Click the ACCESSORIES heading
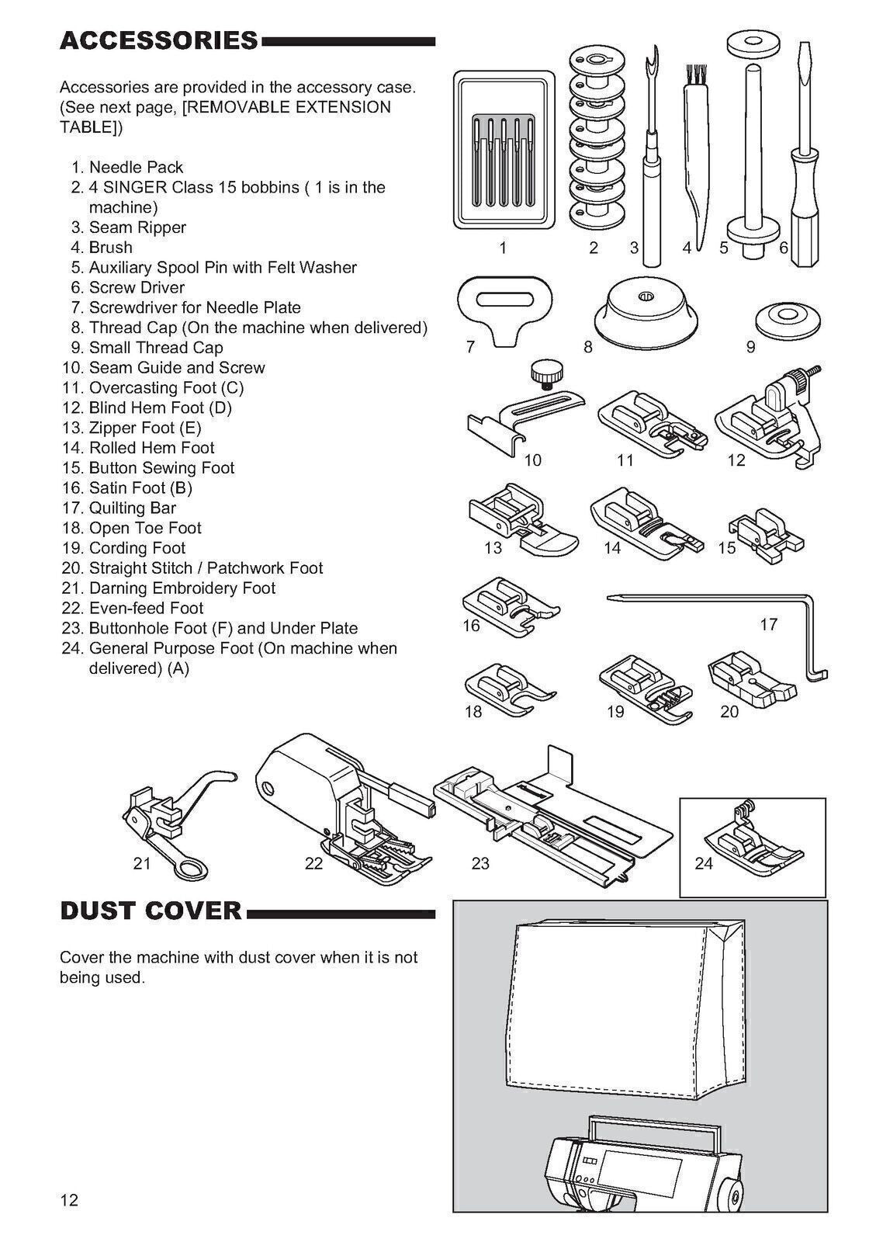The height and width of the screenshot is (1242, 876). click(x=158, y=40)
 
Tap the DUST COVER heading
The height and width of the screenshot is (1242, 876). click(x=151, y=911)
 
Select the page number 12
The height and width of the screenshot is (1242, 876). click(x=69, y=1200)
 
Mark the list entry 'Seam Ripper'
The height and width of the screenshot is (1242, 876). click(x=137, y=227)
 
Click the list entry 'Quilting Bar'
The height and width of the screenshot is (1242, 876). click(x=132, y=508)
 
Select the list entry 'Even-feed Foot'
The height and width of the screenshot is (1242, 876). click(x=146, y=608)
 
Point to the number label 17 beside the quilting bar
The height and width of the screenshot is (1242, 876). click(x=768, y=624)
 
